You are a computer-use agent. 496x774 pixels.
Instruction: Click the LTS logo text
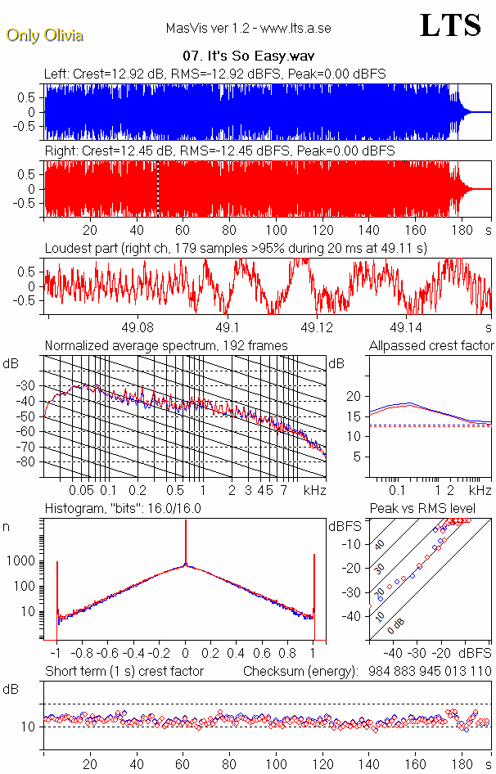tap(450, 25)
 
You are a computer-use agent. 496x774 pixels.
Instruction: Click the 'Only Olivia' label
tap(44, 35)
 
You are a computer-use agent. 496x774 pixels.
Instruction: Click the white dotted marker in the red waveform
tap(158, 189)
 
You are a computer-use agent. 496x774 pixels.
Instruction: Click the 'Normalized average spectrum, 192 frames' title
tap(166, 345)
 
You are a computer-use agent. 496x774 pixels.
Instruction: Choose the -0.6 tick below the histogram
tap(109, 654)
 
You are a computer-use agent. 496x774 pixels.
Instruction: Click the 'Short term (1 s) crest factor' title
tap(124, 672)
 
